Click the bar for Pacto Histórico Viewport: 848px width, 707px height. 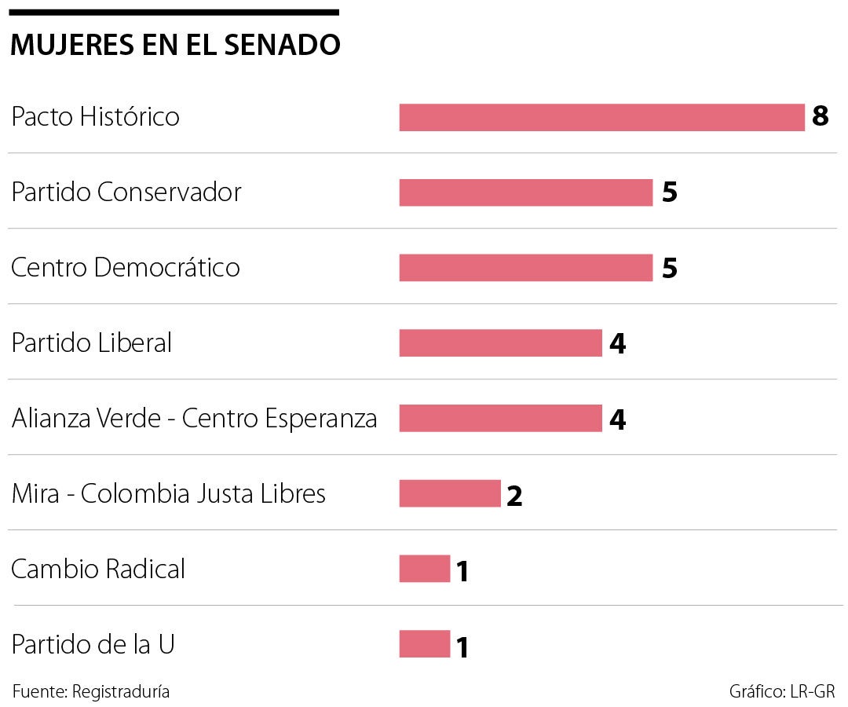(601, 117)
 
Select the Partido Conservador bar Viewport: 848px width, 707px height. (525, 192)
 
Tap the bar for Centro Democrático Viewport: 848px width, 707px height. (525, 268)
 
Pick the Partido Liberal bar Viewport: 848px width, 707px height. (500, 343)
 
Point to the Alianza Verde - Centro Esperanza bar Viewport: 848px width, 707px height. (500, 419)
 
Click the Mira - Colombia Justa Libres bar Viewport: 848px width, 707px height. (449, 494)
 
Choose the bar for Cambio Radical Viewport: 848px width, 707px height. (424, 569)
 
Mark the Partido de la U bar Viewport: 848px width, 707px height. (424, 644)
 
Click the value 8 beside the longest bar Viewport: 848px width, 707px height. (821, 117)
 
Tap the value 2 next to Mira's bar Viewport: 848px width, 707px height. (514, 496)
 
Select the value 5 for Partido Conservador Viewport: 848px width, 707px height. (669, 193)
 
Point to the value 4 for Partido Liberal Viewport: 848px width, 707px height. (617, 344)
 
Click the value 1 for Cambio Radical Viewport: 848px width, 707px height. (462, 571)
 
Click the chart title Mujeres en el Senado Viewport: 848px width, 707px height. (175, 46)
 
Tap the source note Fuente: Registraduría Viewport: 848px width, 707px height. (91, 692)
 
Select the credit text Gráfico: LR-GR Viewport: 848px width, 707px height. (782, 692)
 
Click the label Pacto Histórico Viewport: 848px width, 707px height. (95, 117)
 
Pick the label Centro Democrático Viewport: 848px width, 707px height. (126, 268)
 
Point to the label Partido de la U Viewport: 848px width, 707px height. (93, 644)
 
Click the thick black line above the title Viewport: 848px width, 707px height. (174, 13)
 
